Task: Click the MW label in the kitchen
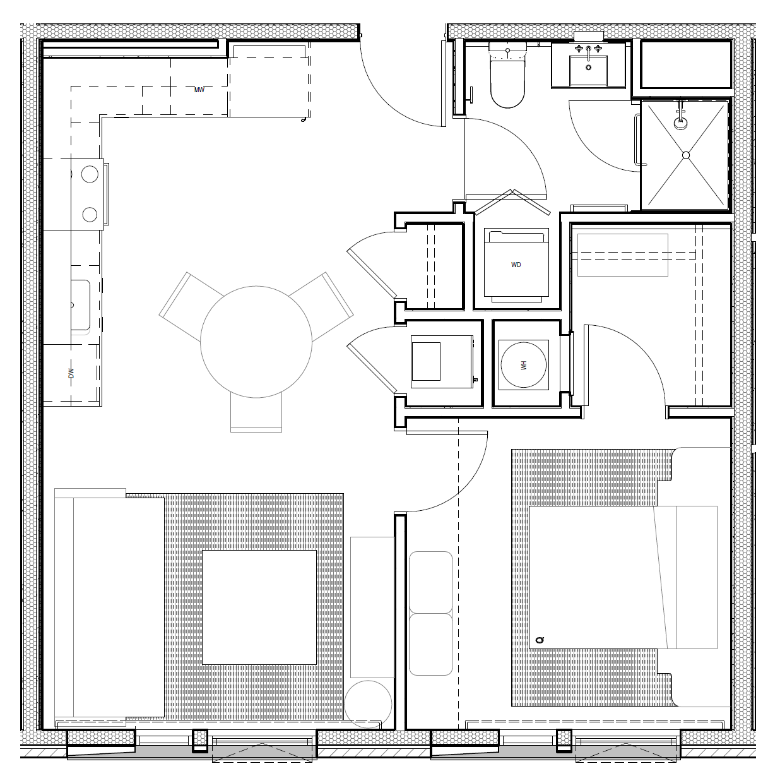pos(199,90)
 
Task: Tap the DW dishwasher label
pos(71,373)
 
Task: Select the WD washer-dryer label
pos(516,265)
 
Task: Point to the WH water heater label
pos(523,365)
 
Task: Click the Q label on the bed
pos(540,640)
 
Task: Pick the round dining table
pos(256,342)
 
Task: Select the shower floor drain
pos(686,155)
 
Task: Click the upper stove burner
pos(90,174)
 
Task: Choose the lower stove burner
pos(90,214)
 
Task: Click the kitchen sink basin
pos(80,305)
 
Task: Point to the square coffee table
pos(259,607)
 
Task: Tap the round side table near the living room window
pos(368,704)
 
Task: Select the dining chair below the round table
pos(256,411)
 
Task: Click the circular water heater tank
pos(523,365)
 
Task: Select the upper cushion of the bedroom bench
pos(430,582)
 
